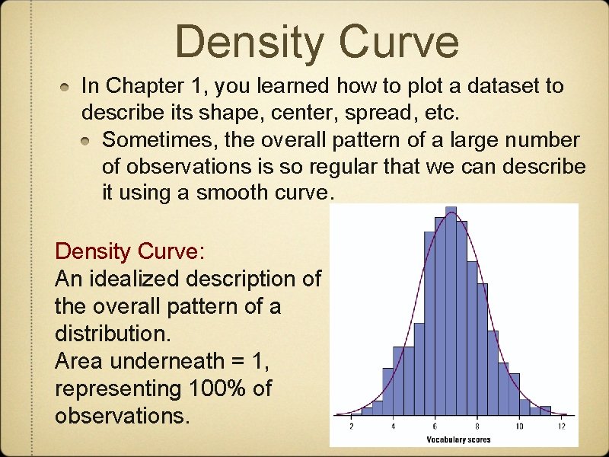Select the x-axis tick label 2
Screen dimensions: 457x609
click(x=351, y=427)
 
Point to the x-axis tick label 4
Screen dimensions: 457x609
click(x=393, y=427)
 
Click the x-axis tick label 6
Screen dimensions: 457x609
click(x=435, y=427)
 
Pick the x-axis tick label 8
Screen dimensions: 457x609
click(x=477, y=427)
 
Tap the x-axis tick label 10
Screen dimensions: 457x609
click(x=519, y=427)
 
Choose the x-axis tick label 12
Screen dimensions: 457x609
click(x=562, y=427)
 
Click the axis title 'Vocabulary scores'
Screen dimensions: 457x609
click(x=458, y=439)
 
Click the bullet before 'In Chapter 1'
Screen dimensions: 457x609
click(x=68, y=87)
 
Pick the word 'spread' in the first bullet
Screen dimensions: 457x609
click(x=368, y=113)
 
